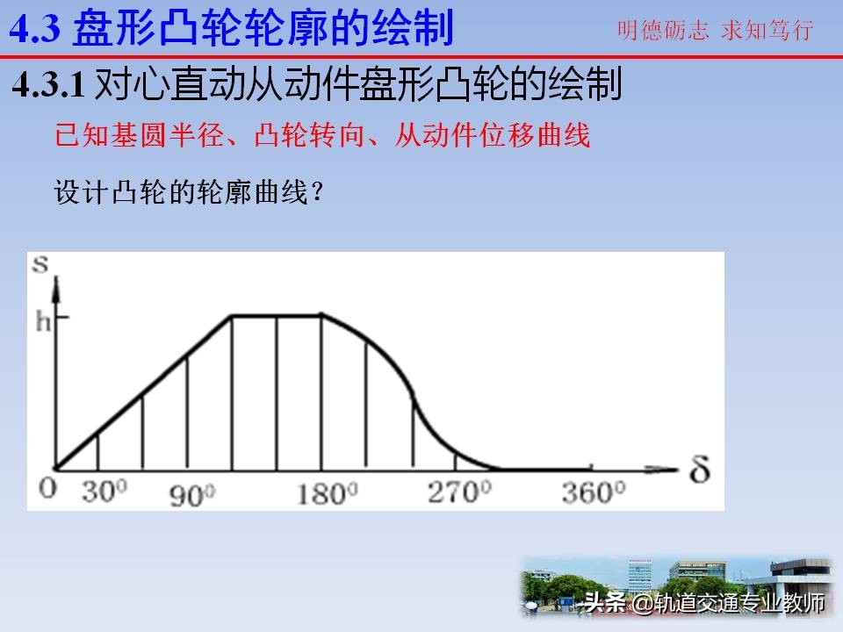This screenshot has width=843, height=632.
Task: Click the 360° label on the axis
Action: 593,492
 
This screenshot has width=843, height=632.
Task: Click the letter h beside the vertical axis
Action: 44,321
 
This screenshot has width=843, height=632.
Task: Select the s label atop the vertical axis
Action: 40,264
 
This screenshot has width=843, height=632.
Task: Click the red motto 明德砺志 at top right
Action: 664,32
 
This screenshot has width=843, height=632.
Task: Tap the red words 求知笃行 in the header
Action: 767,32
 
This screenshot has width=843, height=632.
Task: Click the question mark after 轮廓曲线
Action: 319,193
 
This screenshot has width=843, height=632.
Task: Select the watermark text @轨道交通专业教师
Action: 728,603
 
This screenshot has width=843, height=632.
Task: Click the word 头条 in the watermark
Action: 604,603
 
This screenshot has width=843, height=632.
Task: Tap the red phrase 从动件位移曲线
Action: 493,135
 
